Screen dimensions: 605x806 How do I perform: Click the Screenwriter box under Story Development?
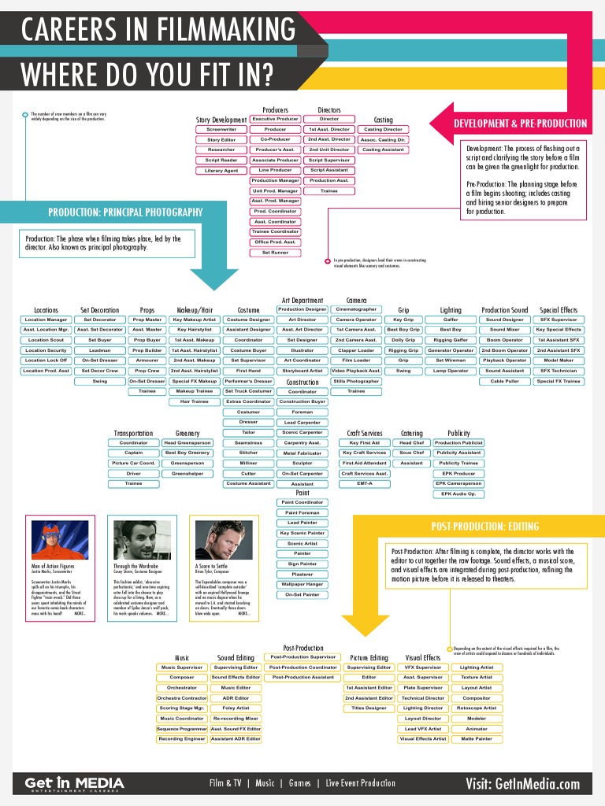click(x=221, y=129)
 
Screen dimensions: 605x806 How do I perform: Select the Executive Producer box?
click(x=275, y=119)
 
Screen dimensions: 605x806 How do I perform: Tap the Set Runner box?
click(x=275, y=253)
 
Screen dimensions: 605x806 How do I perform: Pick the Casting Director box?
click(x=383, y=129)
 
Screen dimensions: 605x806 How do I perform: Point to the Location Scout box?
click(x=46, y=340)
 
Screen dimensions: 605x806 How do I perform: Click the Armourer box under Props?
click(x=147, y=360)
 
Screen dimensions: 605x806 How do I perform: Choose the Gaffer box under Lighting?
click(x=451, y=320)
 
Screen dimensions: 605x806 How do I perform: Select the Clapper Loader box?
click(x=356, y=350)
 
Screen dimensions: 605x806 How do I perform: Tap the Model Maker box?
click(x=559, y=360)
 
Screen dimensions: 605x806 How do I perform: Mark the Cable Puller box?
click(x=504, y=381)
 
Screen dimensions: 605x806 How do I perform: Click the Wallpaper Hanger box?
click(x=302, y=584)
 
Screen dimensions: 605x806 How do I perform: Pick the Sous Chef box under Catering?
click(x=411, y=453)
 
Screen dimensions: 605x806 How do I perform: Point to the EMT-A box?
click(x=364, y=483)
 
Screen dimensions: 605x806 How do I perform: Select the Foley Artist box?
click(x=236, y=708)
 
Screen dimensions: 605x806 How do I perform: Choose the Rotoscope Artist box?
click(x=477, y=708)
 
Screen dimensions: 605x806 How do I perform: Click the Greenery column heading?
click(x=187, y=433)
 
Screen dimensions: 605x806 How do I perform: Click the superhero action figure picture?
click(x=60, y=540)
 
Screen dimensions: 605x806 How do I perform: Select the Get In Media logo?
click(x=74, y=783)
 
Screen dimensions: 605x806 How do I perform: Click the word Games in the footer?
click(x=300, y=783)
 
